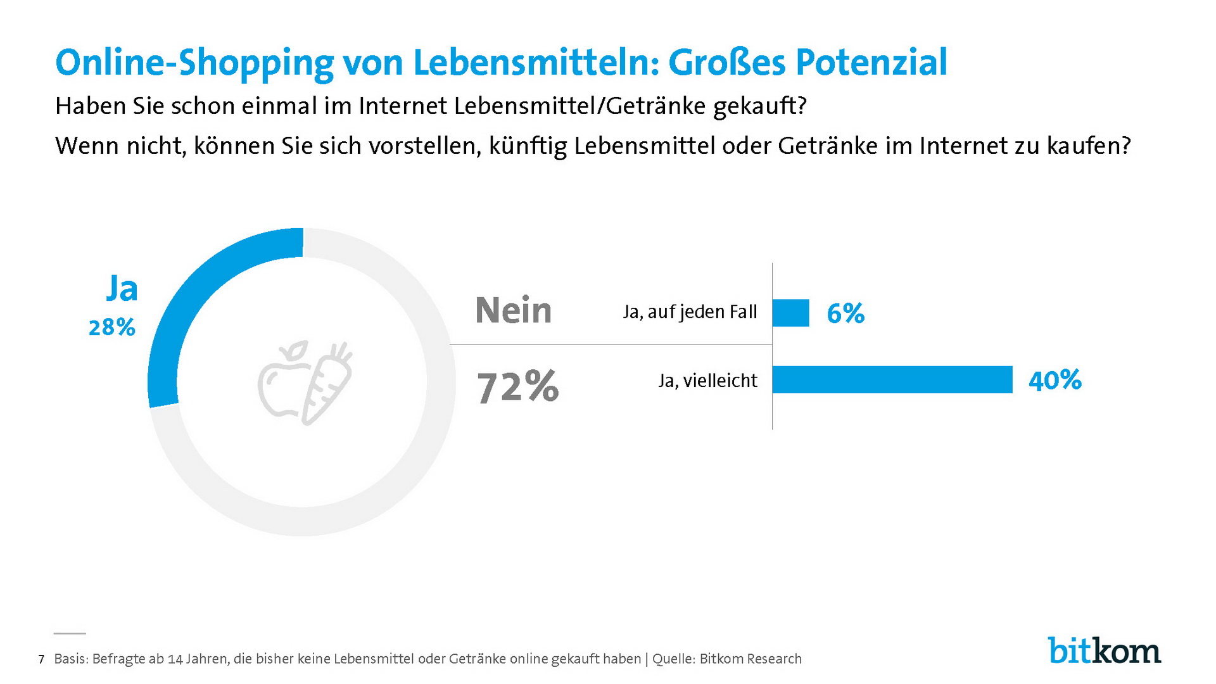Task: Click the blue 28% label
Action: (x=112, y=327)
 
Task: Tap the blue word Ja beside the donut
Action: (x=122, y=289)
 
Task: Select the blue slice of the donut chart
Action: (x=190, y=298)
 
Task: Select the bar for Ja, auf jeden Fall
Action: (x=790, y=313)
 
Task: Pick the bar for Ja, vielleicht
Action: (x=892, y=380)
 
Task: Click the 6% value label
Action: (x=845, y=313)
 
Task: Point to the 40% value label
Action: (x=1055, y=380)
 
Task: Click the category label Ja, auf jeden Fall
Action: (x=690, y=312)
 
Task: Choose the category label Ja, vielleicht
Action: (x=707, y=381)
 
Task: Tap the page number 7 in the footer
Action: (x=41, y=660)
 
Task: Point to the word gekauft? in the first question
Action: (x=759, y=106)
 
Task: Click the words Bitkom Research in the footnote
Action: (x=750, y=659)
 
